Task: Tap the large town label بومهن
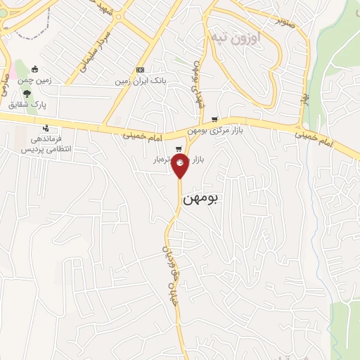201,200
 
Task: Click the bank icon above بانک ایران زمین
141,70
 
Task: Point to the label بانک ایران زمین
141,82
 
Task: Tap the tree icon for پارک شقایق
27,93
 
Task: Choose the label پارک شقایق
27,104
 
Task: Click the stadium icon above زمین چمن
34,69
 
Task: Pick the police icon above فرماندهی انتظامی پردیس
46,128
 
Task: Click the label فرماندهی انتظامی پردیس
46,144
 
